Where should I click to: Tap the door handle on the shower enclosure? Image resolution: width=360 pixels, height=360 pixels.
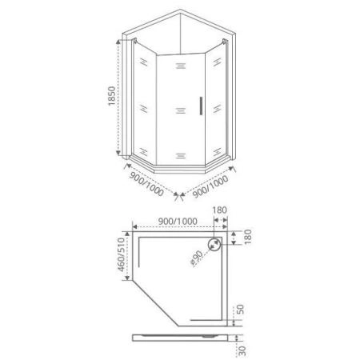pos(200,106)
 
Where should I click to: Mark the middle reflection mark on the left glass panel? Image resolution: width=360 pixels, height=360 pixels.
pos(142,106)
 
